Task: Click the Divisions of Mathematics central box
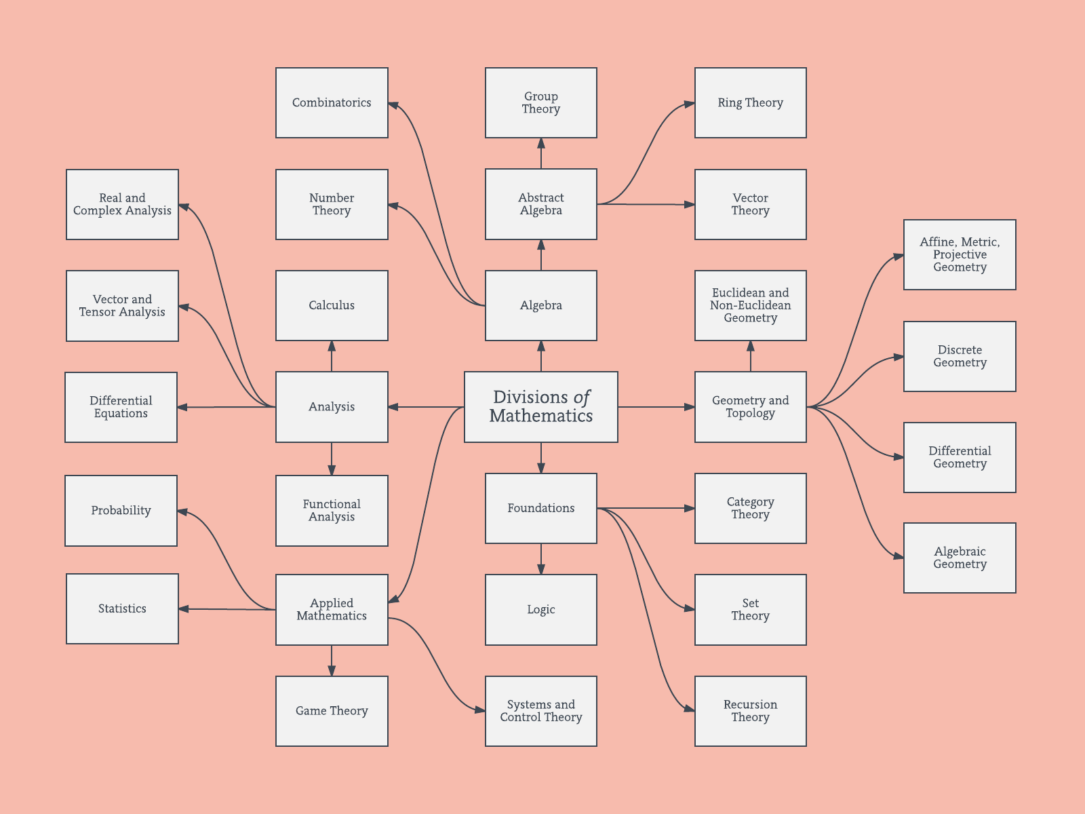(x=540, y=407)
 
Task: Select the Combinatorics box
(x=332, y=102)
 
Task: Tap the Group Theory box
(x=540, y=102)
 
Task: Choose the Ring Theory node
(x=750, y=102)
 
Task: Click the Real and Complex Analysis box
(x=122, y=204)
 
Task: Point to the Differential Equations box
(x=121, y=407)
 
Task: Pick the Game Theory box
(x=332, y=711)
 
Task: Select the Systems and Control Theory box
(x=540, y=711)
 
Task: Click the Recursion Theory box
(x=750, y=711)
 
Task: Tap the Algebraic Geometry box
(x=960, y=558)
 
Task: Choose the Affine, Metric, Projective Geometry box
(x=960, y=254)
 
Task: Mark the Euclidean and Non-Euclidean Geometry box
(x=750, y=305)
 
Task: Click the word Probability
(x=121, y=510)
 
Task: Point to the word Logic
(x=540, y=609)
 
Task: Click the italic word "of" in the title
(x=582, y=398)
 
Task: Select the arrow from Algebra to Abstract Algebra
(x=540, y=255)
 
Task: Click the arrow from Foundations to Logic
(x=540, y=559)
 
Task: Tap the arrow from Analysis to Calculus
(x=332, y=356)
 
